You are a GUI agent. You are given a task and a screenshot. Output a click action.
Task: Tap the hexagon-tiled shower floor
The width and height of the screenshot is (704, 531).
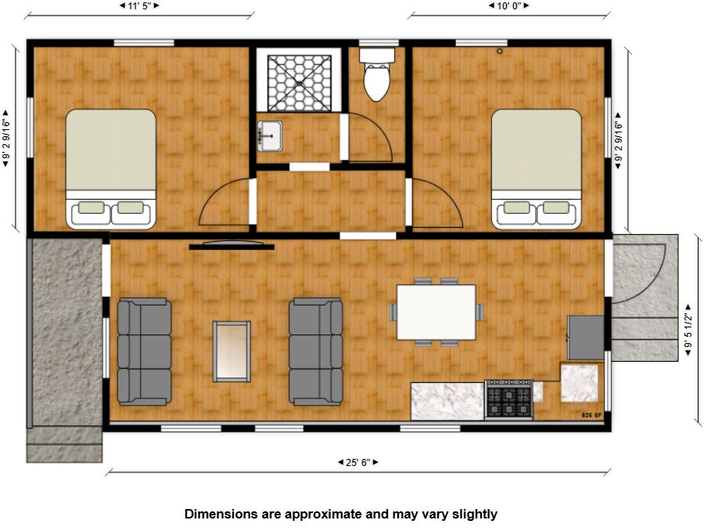[x=299, y=83]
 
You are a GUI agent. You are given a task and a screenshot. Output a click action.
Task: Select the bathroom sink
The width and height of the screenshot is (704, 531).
[x=269, y=135]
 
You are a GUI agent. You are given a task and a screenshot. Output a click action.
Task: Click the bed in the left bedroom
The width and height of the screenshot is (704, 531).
[x=111, y=168]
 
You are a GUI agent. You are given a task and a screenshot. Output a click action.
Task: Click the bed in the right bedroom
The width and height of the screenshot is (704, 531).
[x=537, y=168]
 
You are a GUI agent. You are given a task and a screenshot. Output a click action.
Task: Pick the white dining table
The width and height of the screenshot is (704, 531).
[x=436, y=312]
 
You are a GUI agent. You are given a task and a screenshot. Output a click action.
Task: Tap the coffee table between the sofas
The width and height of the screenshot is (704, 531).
[x=232, y=351]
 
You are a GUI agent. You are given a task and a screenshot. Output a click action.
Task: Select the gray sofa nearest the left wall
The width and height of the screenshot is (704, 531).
[x=144, y=352]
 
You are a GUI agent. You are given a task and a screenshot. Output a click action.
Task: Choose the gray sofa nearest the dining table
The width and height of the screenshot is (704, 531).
[x=316, y=352]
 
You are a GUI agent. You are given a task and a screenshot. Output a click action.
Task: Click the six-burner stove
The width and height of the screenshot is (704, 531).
[x=509, y=399]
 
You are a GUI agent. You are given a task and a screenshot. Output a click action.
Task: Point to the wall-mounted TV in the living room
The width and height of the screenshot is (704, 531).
[x=232, y=245]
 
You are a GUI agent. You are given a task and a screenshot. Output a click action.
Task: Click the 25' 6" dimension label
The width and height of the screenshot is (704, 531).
[x=357, y=462]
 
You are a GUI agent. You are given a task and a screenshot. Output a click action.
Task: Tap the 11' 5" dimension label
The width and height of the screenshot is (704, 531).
[x=139, y=5]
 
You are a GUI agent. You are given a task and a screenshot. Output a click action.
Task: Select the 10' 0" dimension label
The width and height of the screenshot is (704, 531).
[x=509, y=5]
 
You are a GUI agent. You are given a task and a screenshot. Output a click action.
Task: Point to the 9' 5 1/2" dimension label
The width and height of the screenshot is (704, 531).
[x=688, y=331]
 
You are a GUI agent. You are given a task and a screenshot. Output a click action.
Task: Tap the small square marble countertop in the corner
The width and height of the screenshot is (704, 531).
[x=579, y=383]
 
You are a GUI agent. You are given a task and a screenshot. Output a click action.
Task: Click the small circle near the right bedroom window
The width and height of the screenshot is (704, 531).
[x=500, y=51]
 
